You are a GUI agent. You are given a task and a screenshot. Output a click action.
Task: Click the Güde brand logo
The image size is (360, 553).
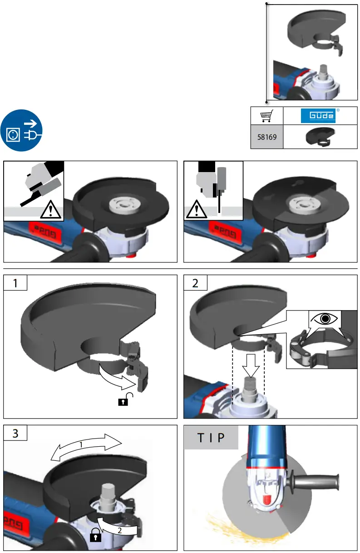pos(318,116)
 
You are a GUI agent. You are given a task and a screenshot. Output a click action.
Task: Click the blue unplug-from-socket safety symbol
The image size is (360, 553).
pos(22,130)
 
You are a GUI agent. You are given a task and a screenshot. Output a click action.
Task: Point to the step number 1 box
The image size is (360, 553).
pos(15,283)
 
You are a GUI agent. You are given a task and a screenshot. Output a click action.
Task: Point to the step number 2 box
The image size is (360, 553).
pos(195,283)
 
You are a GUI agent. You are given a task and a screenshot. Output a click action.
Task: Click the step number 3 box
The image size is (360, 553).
pos(15,433)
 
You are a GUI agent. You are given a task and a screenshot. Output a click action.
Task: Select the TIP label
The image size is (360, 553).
pos(211,438)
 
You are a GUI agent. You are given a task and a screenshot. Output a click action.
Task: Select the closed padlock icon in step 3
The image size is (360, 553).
pos(95,536)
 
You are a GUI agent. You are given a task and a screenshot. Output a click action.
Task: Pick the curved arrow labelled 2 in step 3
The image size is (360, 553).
pos(118,527)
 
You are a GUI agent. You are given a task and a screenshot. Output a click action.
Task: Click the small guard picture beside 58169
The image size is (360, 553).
pos(320,136)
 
